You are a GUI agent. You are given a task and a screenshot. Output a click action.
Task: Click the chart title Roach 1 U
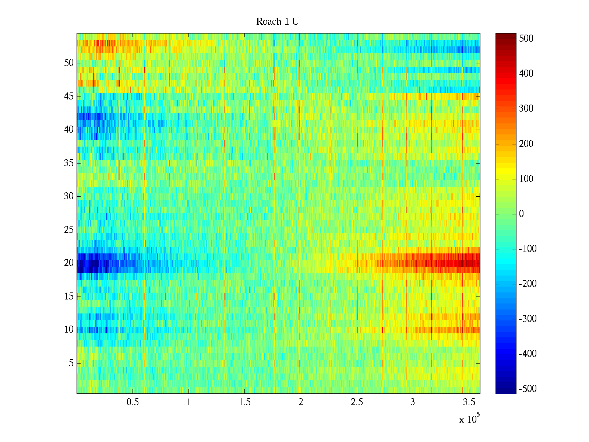(277, 22)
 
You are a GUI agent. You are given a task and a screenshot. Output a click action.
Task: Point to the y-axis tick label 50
(69, 63)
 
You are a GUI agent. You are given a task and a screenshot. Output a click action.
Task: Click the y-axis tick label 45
(69, 97)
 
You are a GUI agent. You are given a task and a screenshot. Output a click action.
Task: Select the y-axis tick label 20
(69, 263)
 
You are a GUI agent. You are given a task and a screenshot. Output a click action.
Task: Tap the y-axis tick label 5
(71, 363)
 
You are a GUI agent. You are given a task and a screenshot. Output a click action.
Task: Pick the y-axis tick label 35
(69, 163)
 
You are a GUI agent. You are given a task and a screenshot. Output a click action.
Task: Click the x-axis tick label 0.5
(133, 402)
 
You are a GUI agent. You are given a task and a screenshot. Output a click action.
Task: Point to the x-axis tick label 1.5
(245, 402)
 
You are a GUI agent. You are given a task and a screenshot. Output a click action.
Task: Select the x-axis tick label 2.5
(357, 402)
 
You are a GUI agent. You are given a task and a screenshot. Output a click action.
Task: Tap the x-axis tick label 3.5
(469, 402)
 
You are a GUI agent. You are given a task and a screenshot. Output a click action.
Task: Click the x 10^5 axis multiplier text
(469, 419)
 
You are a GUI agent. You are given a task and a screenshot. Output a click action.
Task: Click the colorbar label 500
(526, 39)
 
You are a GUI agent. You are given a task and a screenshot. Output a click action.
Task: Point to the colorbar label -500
(528, 389)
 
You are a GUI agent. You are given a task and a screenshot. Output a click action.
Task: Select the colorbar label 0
(521, 214)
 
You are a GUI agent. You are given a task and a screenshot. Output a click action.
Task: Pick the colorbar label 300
(526, 109)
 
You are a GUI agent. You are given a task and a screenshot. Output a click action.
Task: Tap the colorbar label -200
(528, 284)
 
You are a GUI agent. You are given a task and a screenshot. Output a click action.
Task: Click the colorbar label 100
(526, 179)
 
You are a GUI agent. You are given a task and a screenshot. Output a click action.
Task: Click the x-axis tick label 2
(301, 402)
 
